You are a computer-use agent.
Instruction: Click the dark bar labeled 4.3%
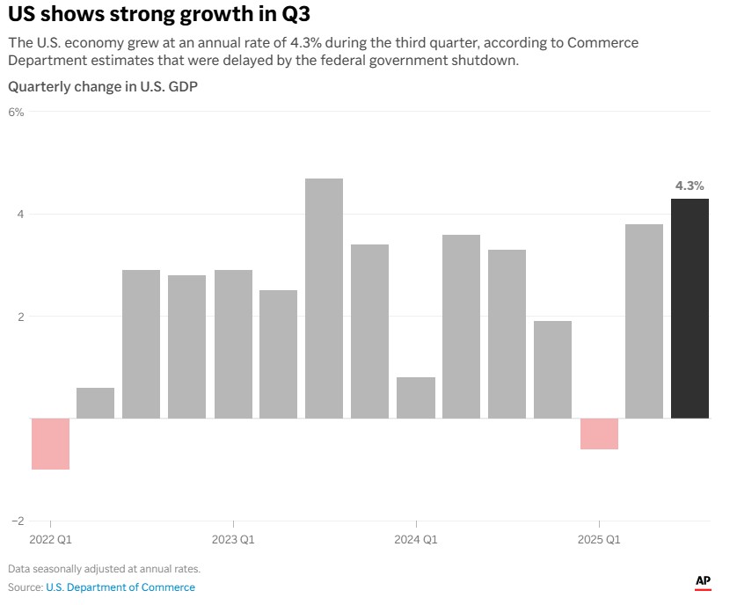690,308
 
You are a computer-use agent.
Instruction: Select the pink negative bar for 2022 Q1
50,443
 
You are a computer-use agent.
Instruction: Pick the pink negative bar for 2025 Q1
599,434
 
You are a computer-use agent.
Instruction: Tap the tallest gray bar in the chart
324,298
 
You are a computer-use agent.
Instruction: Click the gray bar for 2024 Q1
415,397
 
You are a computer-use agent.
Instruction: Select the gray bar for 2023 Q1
233,344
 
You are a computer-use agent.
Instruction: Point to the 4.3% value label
690,186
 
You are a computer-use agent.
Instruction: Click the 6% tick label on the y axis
17,112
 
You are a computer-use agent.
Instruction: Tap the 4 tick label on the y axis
20,215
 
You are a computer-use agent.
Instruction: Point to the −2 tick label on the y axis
18,521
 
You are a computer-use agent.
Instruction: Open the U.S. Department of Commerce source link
120,587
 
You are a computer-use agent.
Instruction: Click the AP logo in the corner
703,581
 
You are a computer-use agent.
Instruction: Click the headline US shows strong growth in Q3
159,15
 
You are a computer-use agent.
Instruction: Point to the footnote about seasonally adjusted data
104,569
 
